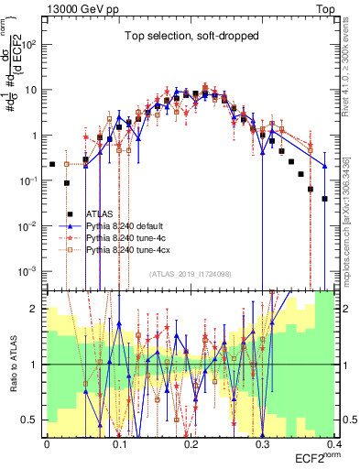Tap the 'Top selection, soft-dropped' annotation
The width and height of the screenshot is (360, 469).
(189, 36)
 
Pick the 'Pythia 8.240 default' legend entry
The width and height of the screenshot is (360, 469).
(128, 224)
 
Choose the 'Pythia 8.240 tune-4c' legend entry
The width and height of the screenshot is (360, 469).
(128, 236)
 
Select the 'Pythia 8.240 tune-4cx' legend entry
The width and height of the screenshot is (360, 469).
(130, 248)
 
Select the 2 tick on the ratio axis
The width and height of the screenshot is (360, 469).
(38, 309)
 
